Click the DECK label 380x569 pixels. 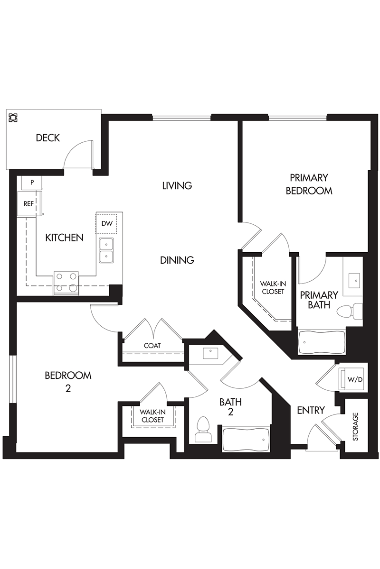(48, 138)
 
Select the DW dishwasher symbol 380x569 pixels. (106, 224)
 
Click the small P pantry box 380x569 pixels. (31, 183)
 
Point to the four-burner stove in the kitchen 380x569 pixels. (66, 283)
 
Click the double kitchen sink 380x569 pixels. (106, 250)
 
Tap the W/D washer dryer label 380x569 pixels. (355, 379)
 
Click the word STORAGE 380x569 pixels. (355, 427)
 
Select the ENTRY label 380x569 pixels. (311, 410)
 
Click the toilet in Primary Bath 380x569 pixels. (350, 311)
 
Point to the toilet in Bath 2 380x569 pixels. (203, 429)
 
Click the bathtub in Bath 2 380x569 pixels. (246, 440)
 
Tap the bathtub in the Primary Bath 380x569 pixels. (322, 342)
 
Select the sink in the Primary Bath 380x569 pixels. (354, 280)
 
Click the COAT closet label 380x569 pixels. (152, 346)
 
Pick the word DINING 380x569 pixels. (177, 260)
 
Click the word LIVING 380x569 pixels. (177, 186)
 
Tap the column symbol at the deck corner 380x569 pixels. (13, 118)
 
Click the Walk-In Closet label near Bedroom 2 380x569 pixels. (152, 416)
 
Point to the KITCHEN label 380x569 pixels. (65, 238)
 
